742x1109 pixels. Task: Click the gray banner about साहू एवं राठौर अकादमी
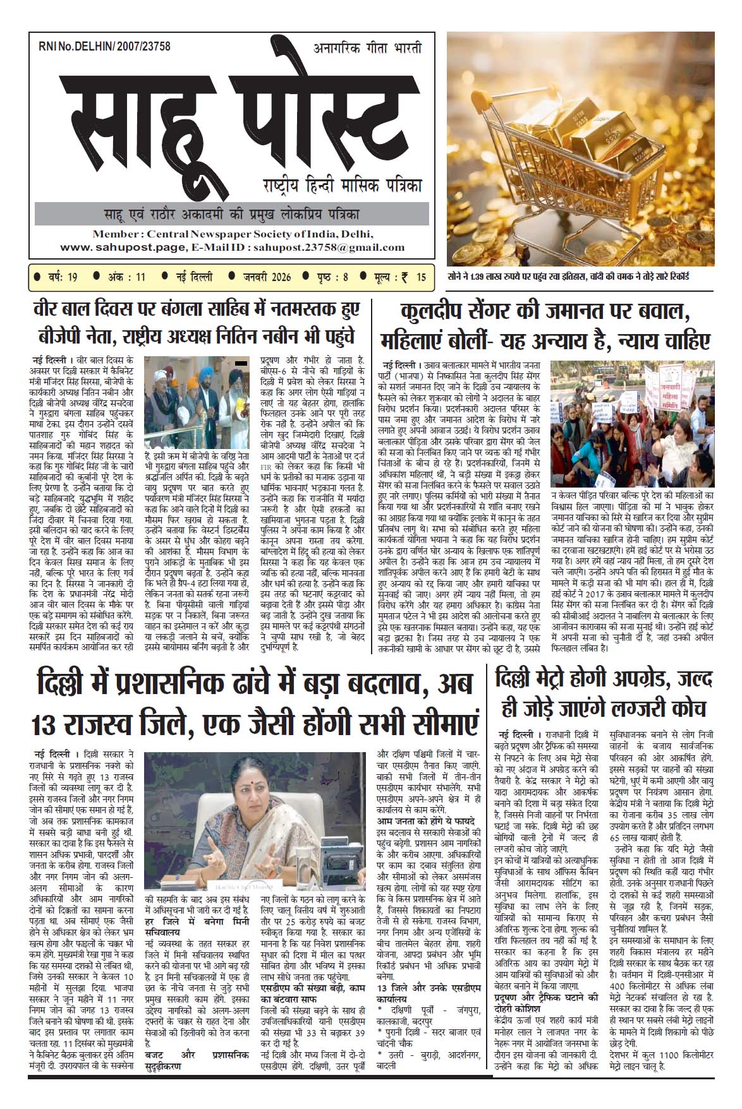[231, 213]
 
